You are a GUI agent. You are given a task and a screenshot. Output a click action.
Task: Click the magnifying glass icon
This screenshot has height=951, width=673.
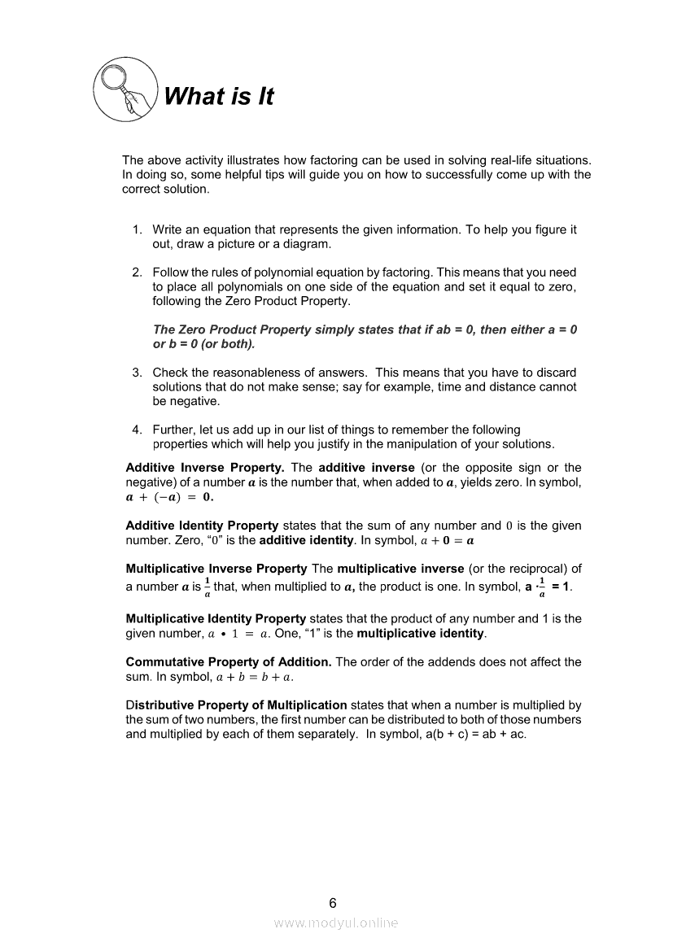124,91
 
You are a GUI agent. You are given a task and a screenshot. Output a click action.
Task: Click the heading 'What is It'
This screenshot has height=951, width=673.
218,97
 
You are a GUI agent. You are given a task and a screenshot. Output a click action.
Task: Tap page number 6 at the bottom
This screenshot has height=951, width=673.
332,903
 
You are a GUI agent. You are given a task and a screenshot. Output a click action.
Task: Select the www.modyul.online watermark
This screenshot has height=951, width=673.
336,923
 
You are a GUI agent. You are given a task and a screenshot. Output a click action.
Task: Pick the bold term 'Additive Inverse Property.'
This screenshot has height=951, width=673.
205,468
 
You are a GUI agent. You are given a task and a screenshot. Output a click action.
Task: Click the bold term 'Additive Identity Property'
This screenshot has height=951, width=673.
202,526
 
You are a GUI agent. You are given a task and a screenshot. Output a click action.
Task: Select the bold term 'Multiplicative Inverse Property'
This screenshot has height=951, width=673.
216,569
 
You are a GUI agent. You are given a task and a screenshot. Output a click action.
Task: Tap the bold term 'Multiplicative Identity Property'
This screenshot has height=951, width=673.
216,619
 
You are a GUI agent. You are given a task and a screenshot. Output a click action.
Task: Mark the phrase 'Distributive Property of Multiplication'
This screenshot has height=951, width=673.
236,705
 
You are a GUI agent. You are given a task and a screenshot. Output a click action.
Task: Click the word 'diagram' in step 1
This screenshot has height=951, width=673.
308,245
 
